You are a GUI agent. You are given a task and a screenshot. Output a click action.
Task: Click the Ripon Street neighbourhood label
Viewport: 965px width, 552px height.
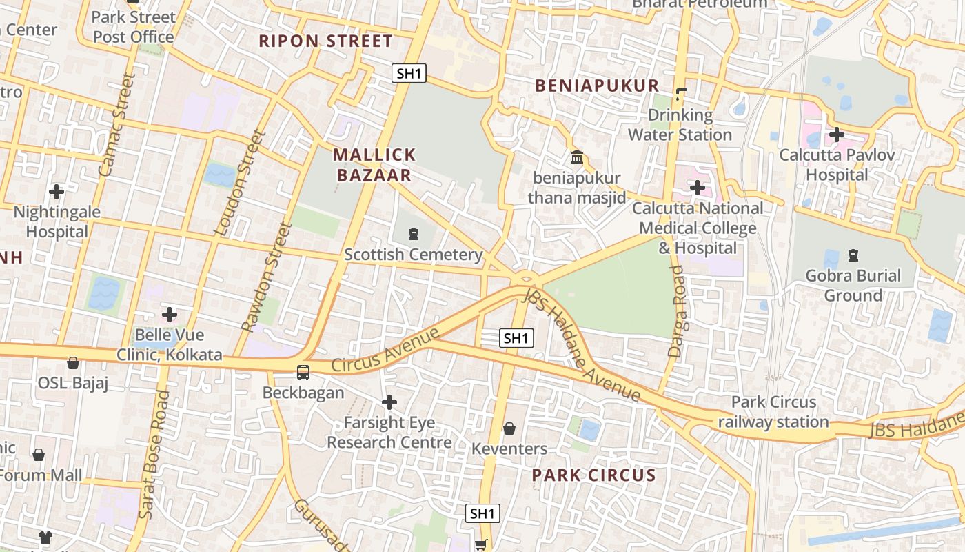point(325,41)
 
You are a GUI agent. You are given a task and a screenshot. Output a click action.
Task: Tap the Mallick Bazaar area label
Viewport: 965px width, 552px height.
point(374,164)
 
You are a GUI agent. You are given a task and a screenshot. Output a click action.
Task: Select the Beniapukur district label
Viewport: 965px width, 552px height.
point(597,86)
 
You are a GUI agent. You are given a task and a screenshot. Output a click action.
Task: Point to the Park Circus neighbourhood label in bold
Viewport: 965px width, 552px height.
point(593,475)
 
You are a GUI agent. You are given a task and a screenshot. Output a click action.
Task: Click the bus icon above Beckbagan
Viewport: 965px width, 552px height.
point(303,372)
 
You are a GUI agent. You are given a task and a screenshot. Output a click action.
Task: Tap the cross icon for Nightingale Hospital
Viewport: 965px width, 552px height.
point(57,191)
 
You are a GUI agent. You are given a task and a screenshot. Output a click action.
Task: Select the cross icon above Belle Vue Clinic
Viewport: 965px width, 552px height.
point(169,315)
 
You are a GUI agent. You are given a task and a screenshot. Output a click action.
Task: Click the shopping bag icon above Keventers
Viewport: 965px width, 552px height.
point(509,428)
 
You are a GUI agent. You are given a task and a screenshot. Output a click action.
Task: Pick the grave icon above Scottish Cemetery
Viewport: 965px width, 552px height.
point(413,234)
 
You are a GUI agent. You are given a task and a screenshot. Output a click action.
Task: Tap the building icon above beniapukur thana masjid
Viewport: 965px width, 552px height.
point(577,157)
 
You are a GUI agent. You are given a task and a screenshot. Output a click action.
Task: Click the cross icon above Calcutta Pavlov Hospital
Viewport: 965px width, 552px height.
point(837,134)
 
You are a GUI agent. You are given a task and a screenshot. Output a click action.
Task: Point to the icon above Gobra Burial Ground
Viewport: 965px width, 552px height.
point(853,255)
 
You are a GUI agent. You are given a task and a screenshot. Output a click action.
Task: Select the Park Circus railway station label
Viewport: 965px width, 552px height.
point(773,412)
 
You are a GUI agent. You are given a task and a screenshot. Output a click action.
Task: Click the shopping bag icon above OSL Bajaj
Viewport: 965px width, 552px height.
point(73,362)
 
